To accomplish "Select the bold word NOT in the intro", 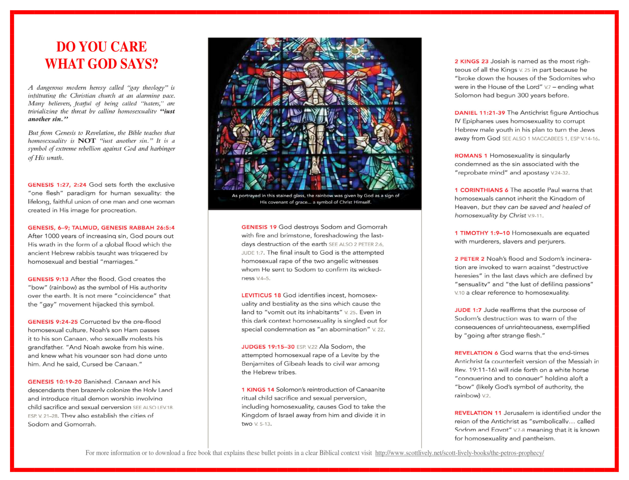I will (x=87, y=141).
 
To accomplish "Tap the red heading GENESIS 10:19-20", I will (x=55, y=382).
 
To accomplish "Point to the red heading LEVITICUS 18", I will (x=261, y=295).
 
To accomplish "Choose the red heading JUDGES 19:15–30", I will (x=268, y=347).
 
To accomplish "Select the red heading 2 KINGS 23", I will (x=472, y=61).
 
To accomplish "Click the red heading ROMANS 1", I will (x=471, y=156).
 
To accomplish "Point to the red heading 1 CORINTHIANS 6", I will (x=481, y=190).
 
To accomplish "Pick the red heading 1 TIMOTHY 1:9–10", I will (x=482, y=233).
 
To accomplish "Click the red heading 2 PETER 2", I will (x=470, y=259).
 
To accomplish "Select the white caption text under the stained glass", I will (x=315, y=199).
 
